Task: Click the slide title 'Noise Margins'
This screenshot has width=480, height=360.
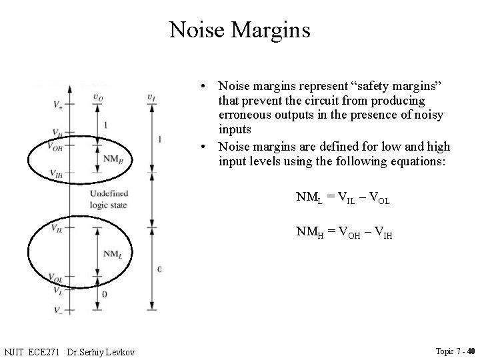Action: (x=239, y=30)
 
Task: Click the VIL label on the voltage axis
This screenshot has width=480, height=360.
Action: (x=57, y=227)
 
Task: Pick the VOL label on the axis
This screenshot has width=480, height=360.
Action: (x=56, y=277)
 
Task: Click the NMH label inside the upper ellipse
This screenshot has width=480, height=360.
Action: (x=113, y=159)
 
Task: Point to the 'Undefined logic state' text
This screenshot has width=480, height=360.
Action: (x=107, y=199)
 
